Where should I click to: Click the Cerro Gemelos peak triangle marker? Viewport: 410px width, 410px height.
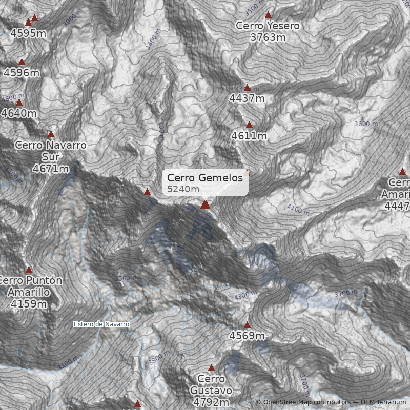(206, 204)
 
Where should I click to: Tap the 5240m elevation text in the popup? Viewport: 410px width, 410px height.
(183, 189)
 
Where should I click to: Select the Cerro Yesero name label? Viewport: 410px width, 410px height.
(268, 26)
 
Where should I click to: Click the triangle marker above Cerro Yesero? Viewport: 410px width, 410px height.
(268, 15)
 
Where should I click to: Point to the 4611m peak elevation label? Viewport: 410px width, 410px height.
(249, 136)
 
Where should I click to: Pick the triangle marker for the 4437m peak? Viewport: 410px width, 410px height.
(247, 88)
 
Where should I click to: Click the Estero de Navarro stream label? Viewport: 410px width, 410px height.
(101, 324)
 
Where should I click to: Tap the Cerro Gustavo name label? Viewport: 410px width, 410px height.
(211, 384)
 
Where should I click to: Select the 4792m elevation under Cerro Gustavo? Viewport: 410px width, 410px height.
(211, 402)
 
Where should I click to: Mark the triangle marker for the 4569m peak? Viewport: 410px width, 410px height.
(247, 324)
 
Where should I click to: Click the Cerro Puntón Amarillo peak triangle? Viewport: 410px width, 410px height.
(29, 269)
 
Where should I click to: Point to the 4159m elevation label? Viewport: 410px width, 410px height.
(29, 304)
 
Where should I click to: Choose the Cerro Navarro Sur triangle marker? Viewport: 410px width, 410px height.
(51, 134)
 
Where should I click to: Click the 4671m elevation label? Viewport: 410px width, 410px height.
(51, 168)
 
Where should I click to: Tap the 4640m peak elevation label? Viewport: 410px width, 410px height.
(19, 113)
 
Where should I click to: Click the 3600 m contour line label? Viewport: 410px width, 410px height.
(366, 124)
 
